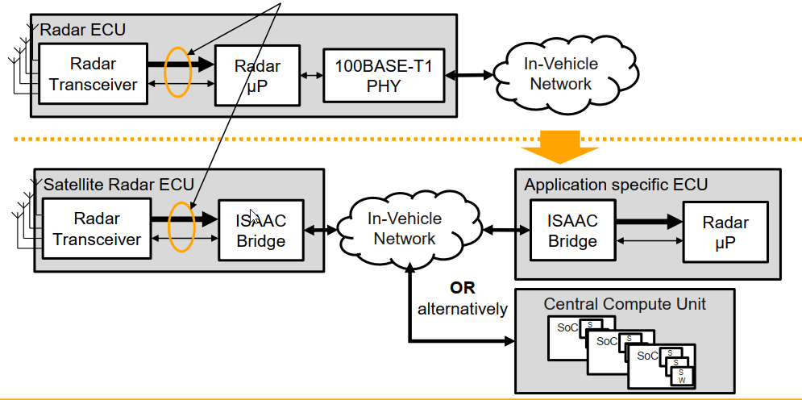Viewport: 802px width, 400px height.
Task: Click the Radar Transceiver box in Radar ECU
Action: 93,73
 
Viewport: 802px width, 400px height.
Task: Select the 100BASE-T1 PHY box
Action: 384,75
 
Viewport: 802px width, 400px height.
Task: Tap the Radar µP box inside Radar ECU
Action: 257,75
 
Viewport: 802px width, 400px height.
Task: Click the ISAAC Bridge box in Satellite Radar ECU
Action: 260,230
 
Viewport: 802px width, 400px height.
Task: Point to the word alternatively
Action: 463,308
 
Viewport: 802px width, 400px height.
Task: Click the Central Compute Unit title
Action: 625,304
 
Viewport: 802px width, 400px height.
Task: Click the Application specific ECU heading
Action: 616,185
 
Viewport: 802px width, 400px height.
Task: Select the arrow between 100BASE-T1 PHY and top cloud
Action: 471,75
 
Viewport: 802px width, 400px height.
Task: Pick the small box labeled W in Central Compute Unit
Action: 681,378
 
